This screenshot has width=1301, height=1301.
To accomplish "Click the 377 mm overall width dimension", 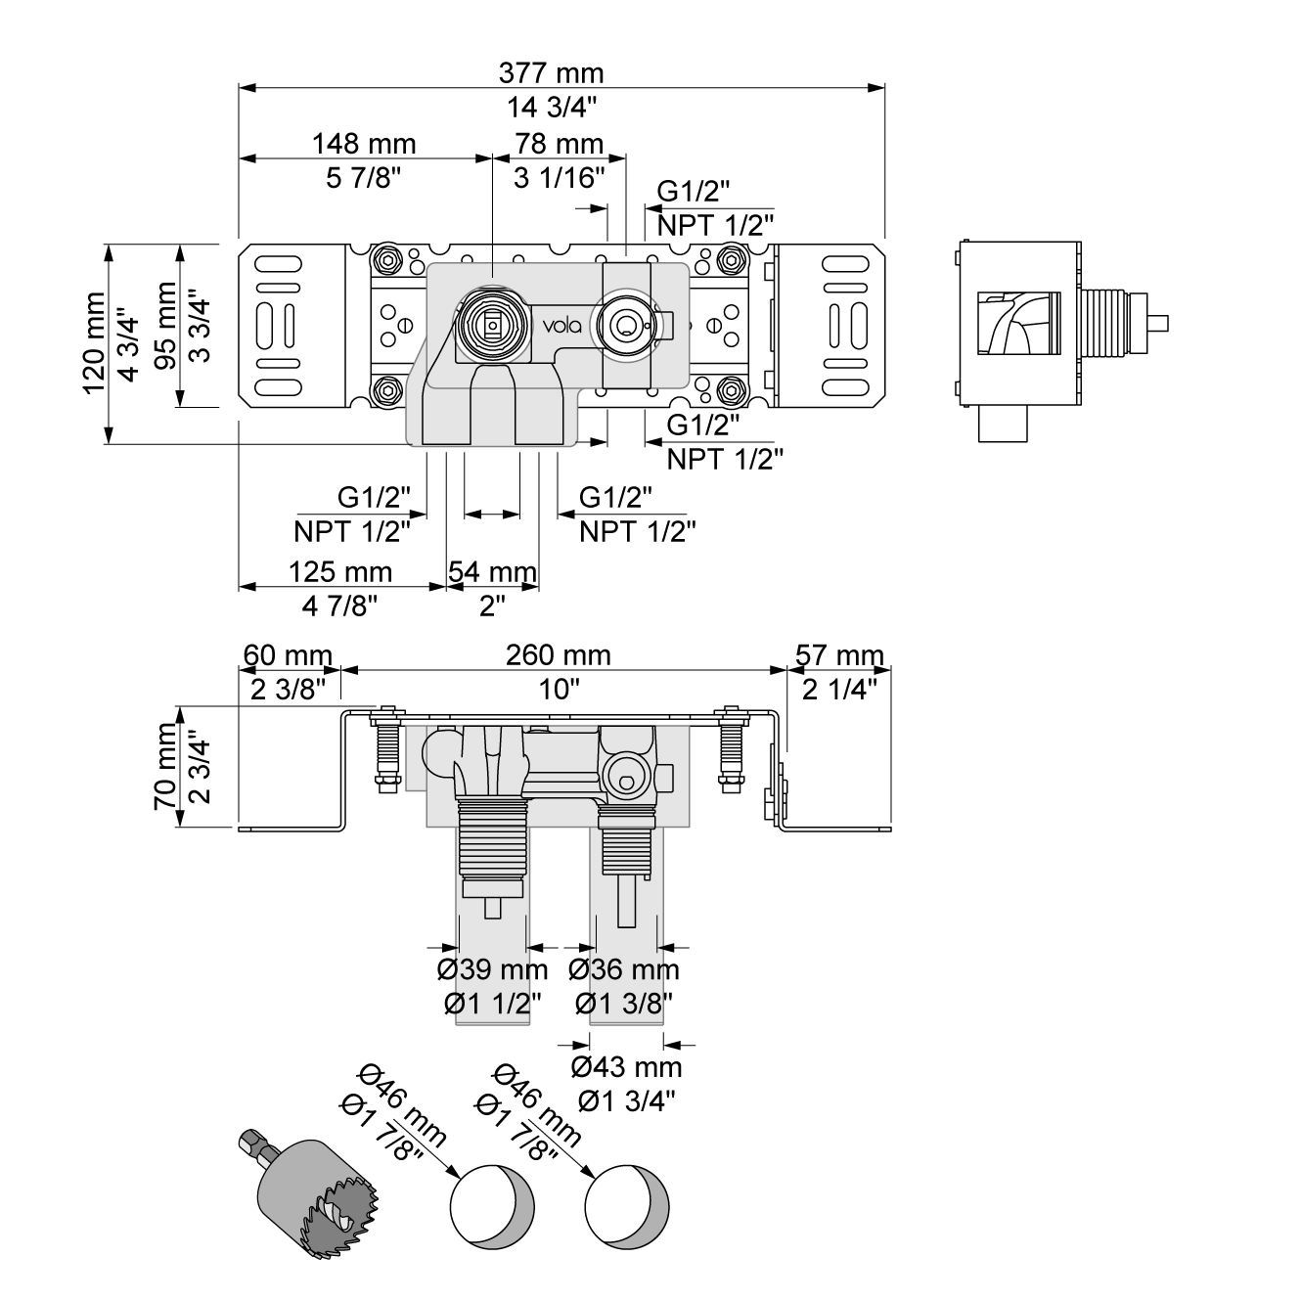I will pos(551,73).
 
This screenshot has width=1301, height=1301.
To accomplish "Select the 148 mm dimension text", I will pos(364,145).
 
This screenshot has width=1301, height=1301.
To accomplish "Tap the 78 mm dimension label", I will pos(560,145).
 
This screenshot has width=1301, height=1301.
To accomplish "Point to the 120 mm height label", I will pos(94,342).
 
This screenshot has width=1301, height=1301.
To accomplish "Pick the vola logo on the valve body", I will pos(562,325).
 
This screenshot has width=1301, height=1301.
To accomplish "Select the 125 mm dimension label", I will pos(340,572).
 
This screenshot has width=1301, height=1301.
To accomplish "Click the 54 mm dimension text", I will pos(492,572).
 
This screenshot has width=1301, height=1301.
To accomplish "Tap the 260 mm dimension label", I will pos(558,655).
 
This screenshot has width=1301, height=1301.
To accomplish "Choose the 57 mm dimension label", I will pos(839,655).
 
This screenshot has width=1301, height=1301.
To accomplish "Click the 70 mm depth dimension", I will pos(164,766).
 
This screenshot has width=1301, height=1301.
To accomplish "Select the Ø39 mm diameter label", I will pos(491,970).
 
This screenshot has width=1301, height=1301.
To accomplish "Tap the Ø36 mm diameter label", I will pos(624,970).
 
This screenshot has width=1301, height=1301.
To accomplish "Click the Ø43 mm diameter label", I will pos(626,1066).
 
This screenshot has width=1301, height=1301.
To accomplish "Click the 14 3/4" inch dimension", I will pos(551,106).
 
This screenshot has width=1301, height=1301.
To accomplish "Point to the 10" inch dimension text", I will pos(559,690).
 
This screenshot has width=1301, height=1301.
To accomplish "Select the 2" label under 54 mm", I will pos(492,606).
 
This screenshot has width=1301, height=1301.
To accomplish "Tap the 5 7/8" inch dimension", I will pos(364,178).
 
